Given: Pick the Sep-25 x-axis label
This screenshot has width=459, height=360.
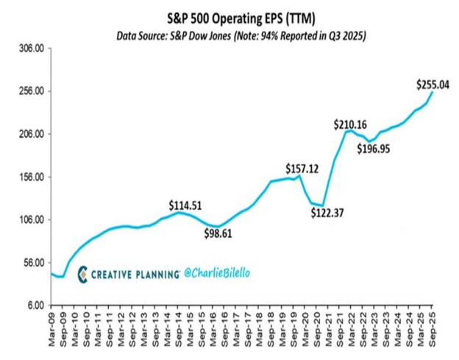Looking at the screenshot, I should pyautogui.click(x=433, y=325).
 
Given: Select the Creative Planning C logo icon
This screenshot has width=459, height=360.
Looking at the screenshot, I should pyautogui.click(x=83, y=273).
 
